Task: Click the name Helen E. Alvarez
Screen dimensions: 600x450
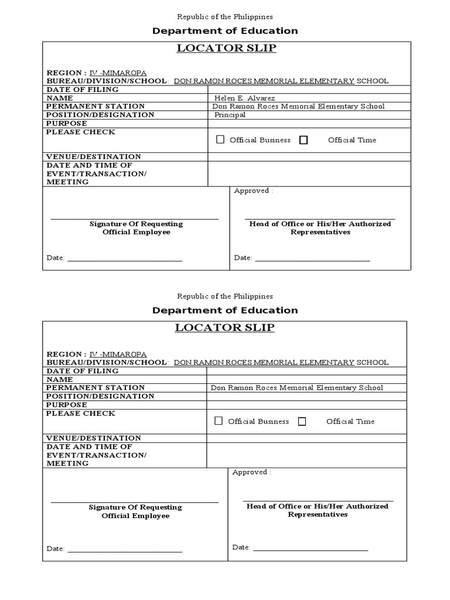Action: [x=244, y=98]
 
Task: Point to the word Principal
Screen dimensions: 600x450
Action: [x=230, y=115]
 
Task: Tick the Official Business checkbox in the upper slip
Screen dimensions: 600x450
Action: [x=220, y=139]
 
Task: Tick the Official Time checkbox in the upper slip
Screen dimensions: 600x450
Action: [x=304, y=139]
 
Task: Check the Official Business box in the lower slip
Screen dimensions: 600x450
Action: [x=219, y=421]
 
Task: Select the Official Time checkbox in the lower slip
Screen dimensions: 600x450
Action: [x=302, y=421]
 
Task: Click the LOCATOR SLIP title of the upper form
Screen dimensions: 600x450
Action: [x=226, y=48]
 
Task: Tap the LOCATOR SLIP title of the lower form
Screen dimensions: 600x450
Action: [x=224, y=328]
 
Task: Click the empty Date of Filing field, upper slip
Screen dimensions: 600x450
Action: [x=309, y=90]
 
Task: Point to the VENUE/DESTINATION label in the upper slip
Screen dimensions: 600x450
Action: [x=94, y=156]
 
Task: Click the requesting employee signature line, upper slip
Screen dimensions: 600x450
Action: [x=135, y=218]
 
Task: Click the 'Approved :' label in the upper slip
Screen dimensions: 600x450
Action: [x=253, y=190]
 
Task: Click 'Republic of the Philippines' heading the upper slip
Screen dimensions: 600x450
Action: [x=225, y=17]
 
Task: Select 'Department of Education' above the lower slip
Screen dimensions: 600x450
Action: [x=225, y=310]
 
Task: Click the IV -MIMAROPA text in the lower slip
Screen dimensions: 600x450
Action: [x=118, y=354]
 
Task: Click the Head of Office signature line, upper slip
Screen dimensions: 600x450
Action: [x=320, y=218]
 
